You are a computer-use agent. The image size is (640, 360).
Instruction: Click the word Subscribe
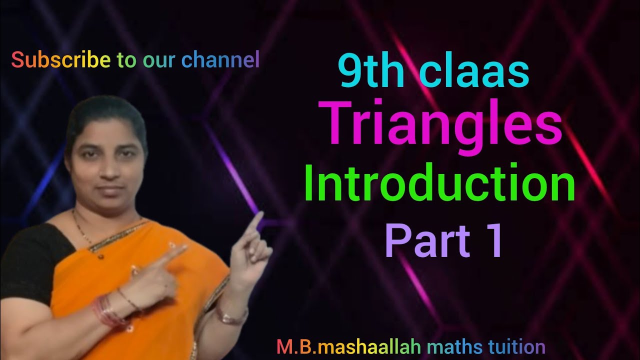point(60,60)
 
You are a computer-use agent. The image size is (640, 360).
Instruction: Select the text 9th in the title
point(370,72)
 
